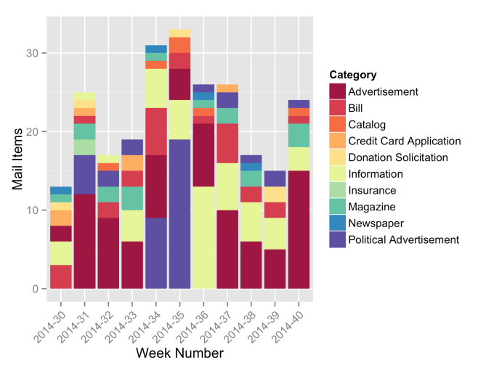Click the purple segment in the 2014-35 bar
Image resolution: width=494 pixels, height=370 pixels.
(x=179, y=214)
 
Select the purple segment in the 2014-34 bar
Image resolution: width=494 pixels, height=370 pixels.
(x=155, y=253)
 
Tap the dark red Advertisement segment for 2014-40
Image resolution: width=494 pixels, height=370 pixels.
(x=299, y=229)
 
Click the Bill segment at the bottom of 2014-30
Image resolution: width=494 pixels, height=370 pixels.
(x=60, y=276)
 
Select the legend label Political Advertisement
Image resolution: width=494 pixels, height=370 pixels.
(x=404, y=239)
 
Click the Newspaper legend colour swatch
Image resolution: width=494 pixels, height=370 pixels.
(x=337, y=223)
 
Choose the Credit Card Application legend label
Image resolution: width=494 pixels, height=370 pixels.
(x=405, y=141)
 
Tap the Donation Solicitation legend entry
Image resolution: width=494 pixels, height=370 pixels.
(x=398, y=157)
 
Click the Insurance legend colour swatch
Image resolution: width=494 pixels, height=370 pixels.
(x=337, y=190)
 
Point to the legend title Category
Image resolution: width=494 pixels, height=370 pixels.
(x=352, y=75)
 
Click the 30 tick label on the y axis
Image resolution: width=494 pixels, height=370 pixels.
(x=33, y=53)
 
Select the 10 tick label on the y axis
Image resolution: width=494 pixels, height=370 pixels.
(x=33, y=210)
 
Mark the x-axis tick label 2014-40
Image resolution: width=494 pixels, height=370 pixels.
(x=290, y=318)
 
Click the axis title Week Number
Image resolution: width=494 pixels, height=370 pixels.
(x=179, y=353)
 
